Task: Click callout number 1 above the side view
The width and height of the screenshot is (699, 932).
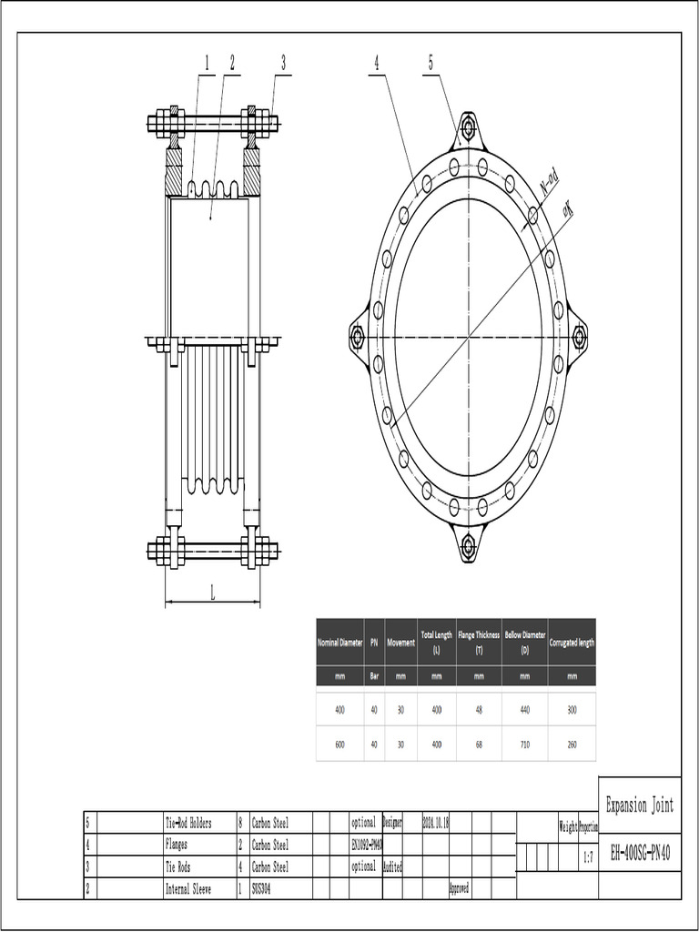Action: click(207, 63)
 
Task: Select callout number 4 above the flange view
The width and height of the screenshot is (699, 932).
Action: click(375, 63)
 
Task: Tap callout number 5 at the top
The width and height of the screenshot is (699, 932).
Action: click(431, 63)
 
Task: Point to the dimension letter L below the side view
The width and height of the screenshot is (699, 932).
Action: click(212, 593)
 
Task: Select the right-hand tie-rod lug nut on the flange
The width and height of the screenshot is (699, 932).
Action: click(579, 337)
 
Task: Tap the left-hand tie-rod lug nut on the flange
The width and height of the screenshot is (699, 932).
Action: click(357, 337)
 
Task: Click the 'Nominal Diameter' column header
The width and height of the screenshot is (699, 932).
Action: click(339, 642)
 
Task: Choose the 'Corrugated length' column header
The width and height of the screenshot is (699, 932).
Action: click(572, 642)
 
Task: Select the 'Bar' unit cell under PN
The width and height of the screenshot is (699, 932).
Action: click(374, 676)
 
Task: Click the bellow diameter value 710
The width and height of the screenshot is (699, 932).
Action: click(525, 744)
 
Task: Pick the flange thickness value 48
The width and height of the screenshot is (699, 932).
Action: click(479, 710)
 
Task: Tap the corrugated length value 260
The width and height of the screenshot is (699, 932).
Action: click(572, 744)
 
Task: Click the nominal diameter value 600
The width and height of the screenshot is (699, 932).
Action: click(339, 744)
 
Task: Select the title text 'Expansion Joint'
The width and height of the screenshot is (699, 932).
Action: click(640, 805)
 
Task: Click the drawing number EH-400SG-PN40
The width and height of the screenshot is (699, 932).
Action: click(640, 853)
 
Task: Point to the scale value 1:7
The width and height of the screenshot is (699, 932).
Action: click(588, 857)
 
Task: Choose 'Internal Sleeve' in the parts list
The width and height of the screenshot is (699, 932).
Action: click(188, 888)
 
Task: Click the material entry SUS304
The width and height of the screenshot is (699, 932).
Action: click(261, 888)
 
